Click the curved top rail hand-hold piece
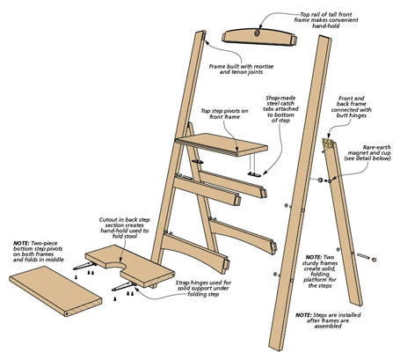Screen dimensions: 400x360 259,37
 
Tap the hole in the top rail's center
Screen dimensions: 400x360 258,33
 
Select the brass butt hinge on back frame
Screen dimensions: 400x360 327,143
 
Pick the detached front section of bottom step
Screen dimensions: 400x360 55,290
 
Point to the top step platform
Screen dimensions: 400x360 222,144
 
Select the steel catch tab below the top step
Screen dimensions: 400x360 254,174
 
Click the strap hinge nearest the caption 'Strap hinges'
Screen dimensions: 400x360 124,286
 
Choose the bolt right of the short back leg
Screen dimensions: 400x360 367,258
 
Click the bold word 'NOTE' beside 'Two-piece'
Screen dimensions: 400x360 21,243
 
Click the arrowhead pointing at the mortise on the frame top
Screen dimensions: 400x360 207,42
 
